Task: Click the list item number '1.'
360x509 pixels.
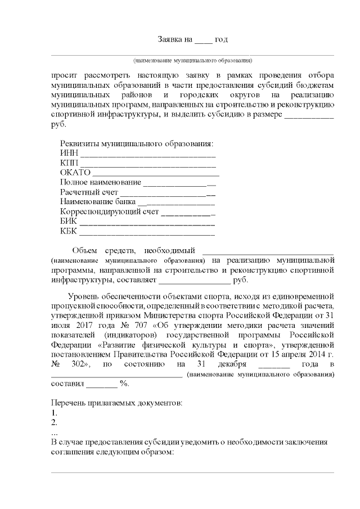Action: click(54, 412)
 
